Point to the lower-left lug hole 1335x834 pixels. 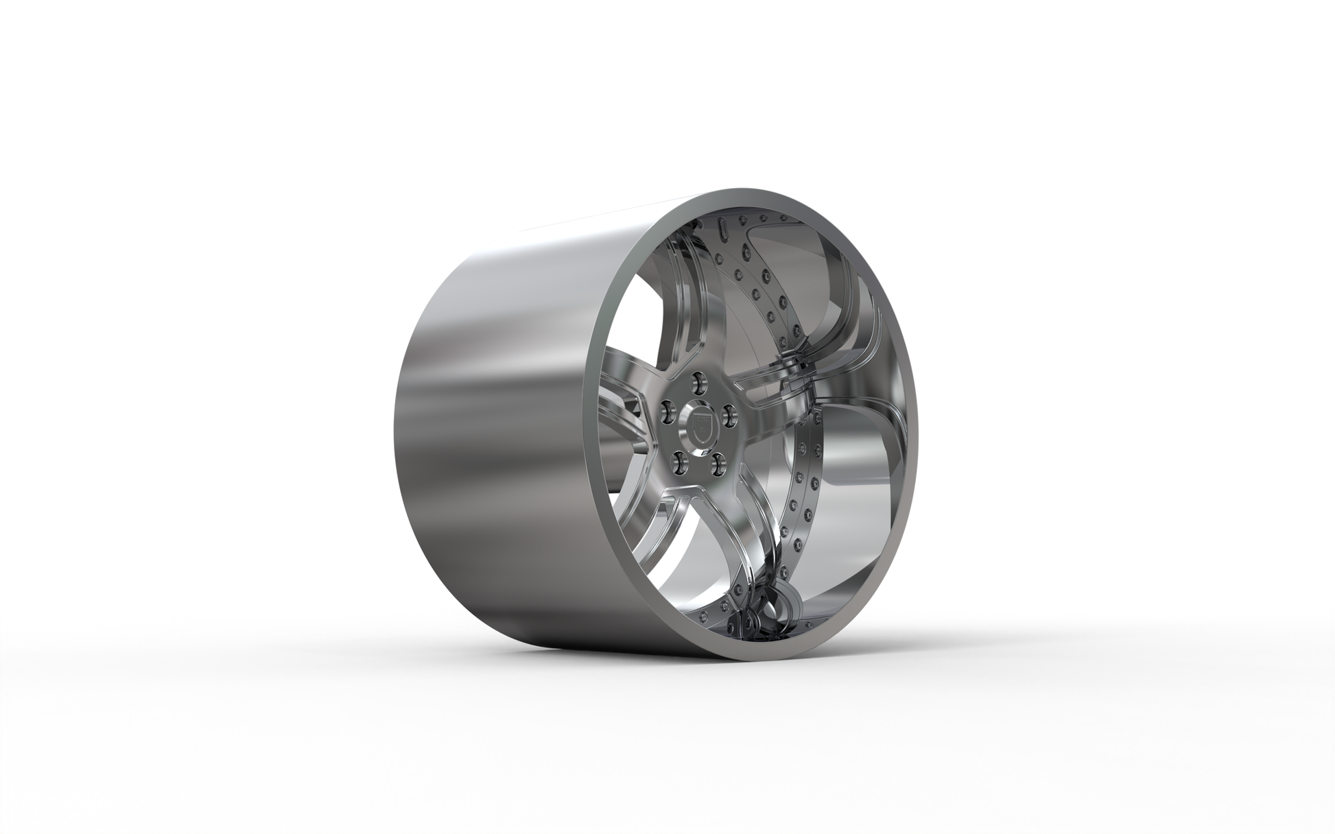click(x=678, y=462)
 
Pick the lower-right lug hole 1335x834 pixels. click(x=718, y=464)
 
